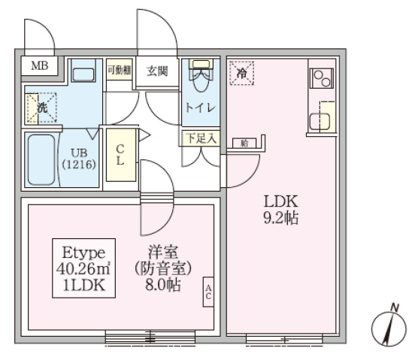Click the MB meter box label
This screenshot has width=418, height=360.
[x=38, y=65]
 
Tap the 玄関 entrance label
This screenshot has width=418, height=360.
[x=157, y=71]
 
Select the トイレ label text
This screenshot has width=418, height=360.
[x=200, y=107]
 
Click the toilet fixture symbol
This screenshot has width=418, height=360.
[x=200, y=76]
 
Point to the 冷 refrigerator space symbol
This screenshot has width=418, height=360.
[x=242, y=73]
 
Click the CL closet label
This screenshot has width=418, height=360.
[x=120, y=154]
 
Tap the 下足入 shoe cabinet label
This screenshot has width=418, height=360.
[x=200, y=138]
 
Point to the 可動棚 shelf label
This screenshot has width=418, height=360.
[x=119, y=71]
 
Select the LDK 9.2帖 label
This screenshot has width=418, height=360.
[x=281, y=210]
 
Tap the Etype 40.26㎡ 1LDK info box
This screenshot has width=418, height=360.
[x=83, y=267]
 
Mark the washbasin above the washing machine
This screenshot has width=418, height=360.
[x=83, y=74]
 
